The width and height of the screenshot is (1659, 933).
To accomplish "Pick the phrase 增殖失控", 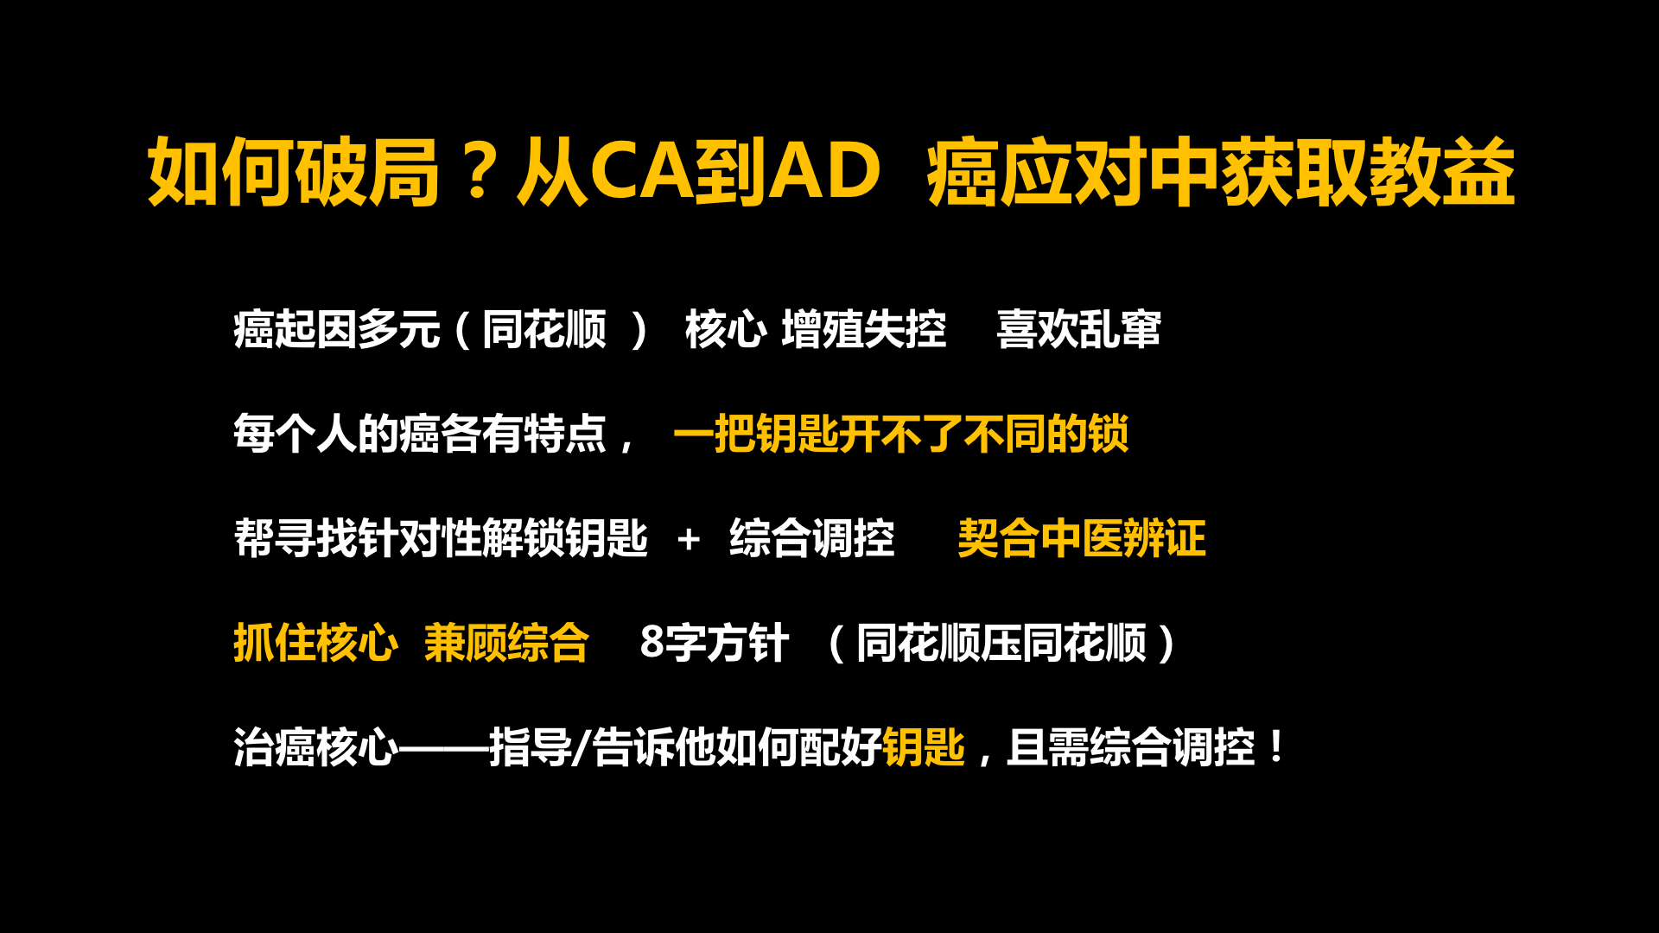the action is (x=864, y=329).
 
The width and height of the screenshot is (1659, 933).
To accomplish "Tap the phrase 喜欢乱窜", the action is (x=1079, y=329).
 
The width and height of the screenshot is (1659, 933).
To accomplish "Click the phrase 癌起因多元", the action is (x=337, y=329).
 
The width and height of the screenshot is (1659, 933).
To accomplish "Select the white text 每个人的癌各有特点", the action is (x=420, y=434).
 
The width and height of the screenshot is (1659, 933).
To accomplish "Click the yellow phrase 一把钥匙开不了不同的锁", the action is (x=901, y=434).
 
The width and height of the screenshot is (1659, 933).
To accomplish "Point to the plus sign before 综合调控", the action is (x=689, y=539).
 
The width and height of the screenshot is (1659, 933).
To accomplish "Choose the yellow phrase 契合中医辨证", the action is (x=1082, y=538).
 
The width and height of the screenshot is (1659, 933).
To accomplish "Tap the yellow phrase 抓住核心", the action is (x=315, y=643).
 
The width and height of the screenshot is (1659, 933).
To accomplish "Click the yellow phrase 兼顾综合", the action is (x=506, y=643).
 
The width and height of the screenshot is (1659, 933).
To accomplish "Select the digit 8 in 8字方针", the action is (x=652, y=642).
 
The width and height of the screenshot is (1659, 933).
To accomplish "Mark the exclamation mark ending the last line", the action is (x=1276, y=746).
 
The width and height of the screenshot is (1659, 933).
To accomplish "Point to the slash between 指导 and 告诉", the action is (x=582, y=747).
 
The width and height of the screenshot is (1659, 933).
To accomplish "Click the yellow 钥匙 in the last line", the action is (x=924, y=747).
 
